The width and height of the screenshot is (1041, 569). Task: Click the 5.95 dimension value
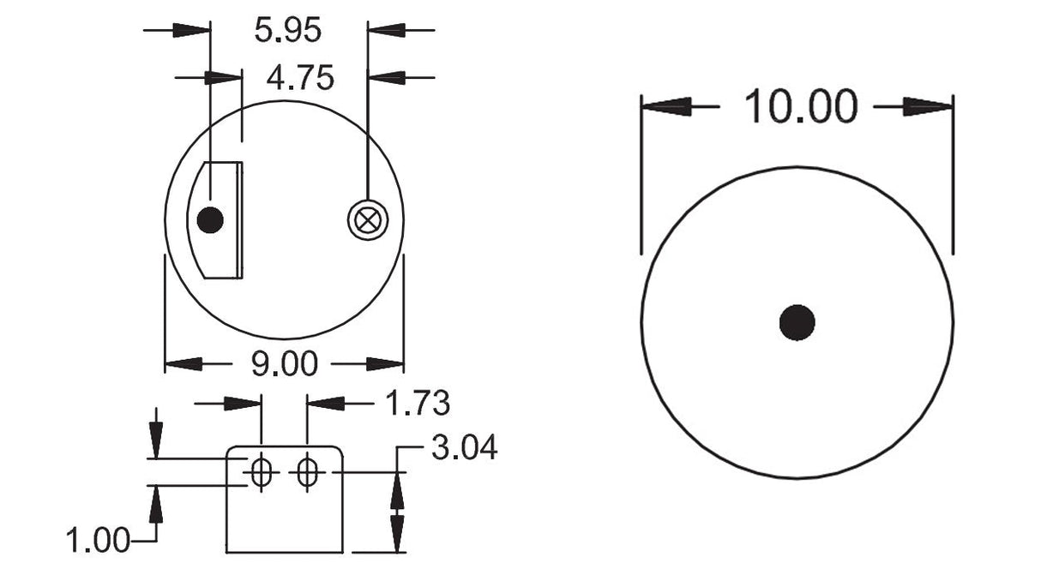tap(287, 30)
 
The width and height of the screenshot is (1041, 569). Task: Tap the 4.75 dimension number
tap(300, 78)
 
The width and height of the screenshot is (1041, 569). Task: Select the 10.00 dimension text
tap(801, 107)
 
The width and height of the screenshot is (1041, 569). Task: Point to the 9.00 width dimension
tap(285, 363)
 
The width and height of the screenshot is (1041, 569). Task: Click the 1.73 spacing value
tap(418, 403)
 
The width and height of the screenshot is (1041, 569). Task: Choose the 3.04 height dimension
tap(464, 447)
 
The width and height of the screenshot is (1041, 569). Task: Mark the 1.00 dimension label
tap(98, 540)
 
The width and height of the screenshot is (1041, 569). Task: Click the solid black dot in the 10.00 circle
tap(797, 322)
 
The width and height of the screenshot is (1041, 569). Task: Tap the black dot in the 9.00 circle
tap(210, 219)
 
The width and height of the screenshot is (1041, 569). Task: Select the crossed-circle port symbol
tap(368, 220)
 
